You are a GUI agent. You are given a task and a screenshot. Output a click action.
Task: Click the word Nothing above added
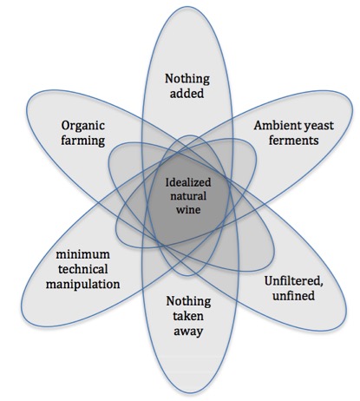(x=187, y=79)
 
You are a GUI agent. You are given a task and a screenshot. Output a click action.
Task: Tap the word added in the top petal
(x=187, y=94)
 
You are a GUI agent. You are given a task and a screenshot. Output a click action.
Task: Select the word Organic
(x=82, y=126)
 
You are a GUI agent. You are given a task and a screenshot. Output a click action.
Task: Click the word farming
(x=82, y=141)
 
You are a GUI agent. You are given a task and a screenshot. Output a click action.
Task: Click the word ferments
(x=293, y=141)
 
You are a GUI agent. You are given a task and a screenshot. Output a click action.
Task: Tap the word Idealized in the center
(x=188, y=182)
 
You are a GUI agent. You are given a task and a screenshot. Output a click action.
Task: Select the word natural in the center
(x=188, y=196)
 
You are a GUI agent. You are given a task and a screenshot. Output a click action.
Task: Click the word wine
(x=188, y=209)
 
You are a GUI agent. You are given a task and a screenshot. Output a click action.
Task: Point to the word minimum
(x=82, y=255)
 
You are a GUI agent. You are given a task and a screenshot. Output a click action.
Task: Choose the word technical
(x=82, y=269)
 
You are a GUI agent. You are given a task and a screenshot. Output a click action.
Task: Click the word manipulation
(x=82, y=285)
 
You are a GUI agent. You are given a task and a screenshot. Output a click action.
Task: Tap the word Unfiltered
(x=293, y=281)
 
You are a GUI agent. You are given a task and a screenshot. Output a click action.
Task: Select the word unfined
(x=293, y=296)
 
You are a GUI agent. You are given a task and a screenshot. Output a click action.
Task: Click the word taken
(x=188, y=316)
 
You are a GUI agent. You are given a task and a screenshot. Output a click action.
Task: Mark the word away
(x=188, y=332)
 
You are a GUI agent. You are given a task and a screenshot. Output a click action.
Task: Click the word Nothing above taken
(x=188, y=302)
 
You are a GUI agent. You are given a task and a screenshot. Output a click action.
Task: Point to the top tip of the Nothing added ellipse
(x=187, y=6)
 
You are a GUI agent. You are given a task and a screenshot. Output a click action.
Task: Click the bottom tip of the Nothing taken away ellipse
(x=190, y=393)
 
